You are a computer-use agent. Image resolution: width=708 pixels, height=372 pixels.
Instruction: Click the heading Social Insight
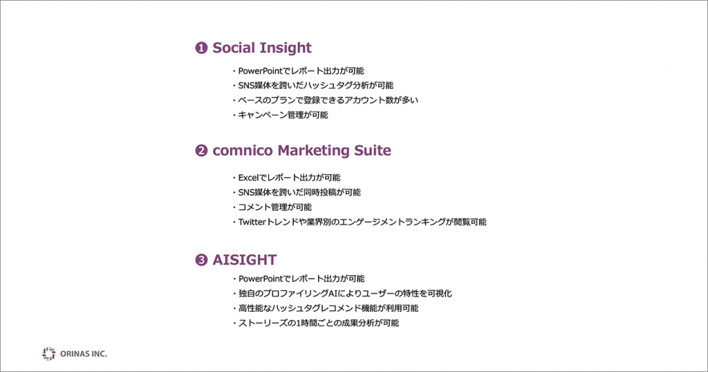pos(262,48)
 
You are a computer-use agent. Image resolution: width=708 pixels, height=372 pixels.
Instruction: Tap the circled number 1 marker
pos(201,48)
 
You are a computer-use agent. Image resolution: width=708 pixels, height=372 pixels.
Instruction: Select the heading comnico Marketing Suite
pos(301,150)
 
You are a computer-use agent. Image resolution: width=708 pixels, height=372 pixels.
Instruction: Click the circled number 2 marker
pos(201,150)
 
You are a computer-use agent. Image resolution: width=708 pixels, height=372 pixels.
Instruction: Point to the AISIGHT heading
pos(244,260)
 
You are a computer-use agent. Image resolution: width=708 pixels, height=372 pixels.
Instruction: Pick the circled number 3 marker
pos(201,260)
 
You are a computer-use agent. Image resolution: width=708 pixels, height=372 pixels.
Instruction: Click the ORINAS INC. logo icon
pos(49,354)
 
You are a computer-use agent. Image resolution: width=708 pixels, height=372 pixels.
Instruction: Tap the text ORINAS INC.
pos(84,354)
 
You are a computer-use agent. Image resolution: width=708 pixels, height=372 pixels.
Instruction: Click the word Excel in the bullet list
pos(248,178)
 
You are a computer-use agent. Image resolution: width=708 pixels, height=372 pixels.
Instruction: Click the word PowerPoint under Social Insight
pos(260,71)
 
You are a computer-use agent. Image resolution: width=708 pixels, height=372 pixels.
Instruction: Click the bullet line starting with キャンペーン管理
pos(281,115)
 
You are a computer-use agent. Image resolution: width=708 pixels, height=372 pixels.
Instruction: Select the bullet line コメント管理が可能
pos(272,207)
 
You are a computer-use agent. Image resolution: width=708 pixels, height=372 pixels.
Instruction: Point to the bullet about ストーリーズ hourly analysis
pos(315,323)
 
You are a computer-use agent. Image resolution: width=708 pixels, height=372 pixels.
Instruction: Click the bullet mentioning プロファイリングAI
pos(342,293)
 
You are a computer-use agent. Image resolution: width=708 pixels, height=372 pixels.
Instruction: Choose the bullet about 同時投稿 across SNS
pos(297,192)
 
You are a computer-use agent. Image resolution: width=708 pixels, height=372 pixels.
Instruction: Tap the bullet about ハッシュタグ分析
pos(313,85)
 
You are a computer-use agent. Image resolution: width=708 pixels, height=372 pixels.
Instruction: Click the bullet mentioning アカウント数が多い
pos(326,100)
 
